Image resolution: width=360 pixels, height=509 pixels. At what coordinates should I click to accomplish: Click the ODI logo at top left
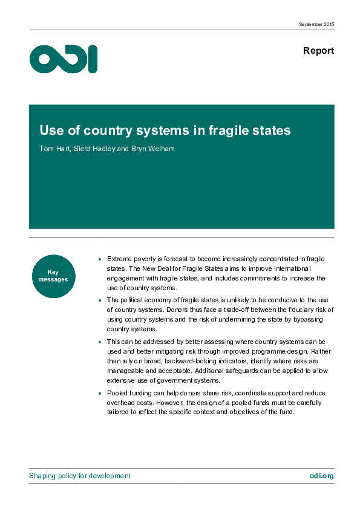pos(63,59)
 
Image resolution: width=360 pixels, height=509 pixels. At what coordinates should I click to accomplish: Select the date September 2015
pos(316,24)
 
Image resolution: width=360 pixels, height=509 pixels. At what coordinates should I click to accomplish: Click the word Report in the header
pos(318,51)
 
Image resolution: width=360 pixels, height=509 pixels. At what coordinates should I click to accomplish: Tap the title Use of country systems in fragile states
pos(165,131)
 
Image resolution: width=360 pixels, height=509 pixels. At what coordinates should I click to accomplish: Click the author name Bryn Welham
pos(155,149)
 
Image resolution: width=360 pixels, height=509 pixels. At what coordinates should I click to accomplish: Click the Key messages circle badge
pos(53,276)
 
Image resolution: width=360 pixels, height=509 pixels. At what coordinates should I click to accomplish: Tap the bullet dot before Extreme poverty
pos(99,259)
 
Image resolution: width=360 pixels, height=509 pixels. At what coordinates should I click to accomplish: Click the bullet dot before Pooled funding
pos(99,394)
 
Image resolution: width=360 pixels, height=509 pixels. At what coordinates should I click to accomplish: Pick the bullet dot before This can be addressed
pos(99,342)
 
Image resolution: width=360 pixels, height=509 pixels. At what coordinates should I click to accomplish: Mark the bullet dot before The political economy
pos(99,300)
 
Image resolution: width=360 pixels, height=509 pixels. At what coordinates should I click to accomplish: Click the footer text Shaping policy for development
pos(79,476)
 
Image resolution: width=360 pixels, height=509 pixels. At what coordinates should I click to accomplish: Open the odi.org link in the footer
pos(321,476)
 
